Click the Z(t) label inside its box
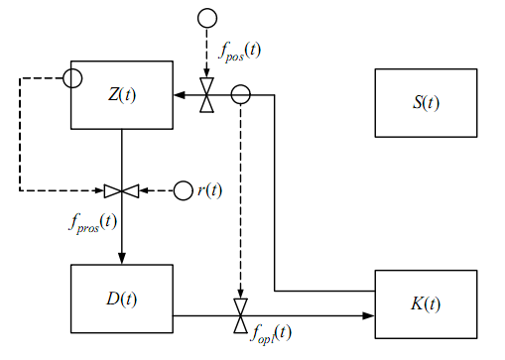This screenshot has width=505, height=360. point(122,95)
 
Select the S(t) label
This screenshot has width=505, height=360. point(426,103)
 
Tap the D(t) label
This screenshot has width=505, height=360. point(121,300)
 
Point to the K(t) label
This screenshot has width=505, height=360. point(426,303)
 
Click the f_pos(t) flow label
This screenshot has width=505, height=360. point(239,52)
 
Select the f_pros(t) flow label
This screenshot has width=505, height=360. point(93,223)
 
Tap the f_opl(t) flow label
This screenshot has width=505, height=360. point(271,334)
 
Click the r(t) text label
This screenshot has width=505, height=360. point(209,190)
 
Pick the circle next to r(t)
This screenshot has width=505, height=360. point(184,190)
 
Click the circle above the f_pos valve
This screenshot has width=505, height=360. point(207,18)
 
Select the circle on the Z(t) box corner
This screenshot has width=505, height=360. point(72,78)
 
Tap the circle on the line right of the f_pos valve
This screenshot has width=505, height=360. point(240,94)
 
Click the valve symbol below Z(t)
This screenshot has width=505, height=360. point(122,191)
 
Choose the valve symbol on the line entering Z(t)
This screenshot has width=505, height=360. point(207,95)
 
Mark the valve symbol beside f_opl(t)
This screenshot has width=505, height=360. point(240,316)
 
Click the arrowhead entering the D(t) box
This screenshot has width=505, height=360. point(122,259)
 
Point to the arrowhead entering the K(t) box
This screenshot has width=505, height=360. point(368,315)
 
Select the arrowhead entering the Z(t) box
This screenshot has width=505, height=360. point(180,95)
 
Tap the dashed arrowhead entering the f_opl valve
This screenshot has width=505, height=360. point(240,295)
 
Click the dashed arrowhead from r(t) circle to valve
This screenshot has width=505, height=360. point(144,190)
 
